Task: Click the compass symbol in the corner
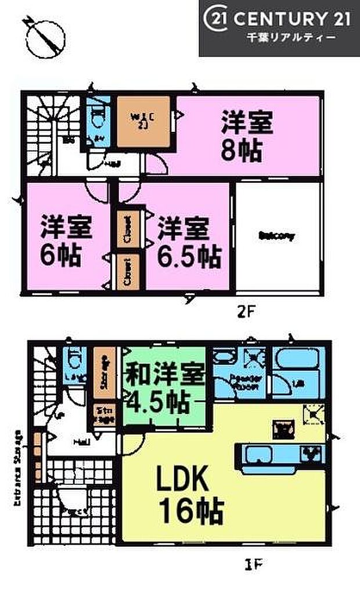[x=40, y=37]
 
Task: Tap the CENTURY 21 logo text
[x=279, y=19]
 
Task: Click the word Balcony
[x=277, y=236]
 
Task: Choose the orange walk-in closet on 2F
[x=143, y=121]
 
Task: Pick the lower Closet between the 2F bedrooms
[x=128, y=272]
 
